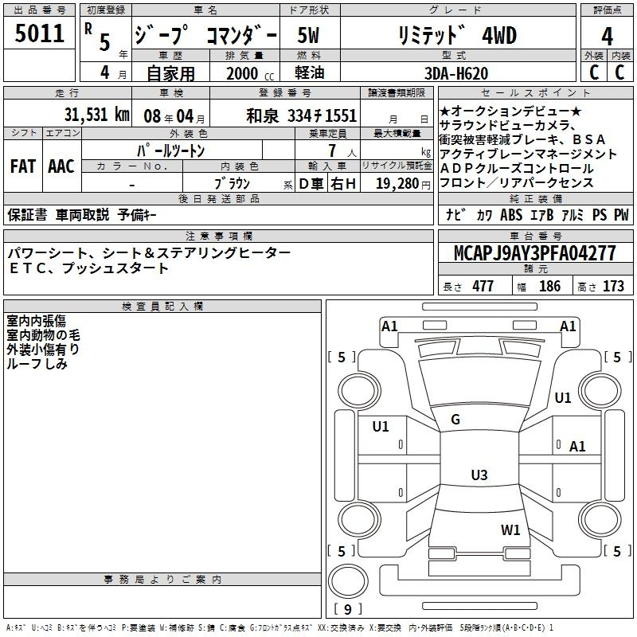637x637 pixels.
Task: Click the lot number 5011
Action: (x=39, y=33)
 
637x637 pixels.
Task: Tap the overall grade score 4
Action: (x=607, y=36)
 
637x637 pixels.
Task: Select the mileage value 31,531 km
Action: (x=96, y=115)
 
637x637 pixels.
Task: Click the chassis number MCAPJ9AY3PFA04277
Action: (x=535, y=253)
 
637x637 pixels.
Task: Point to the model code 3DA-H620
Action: (x=456, y=73)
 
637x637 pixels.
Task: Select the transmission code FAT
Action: (x=23, y=166)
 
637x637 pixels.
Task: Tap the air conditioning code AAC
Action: (x=61, y=166)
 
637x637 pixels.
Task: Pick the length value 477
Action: (x=483, y=286)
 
